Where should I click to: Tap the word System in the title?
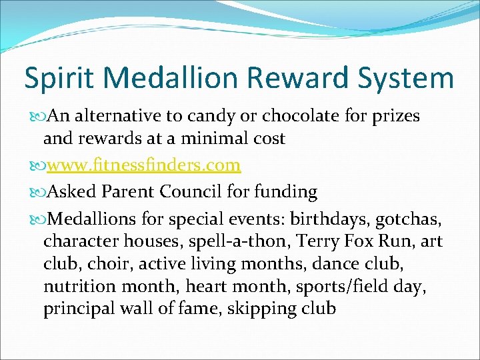pyautogui.click(x=411, y=79)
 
